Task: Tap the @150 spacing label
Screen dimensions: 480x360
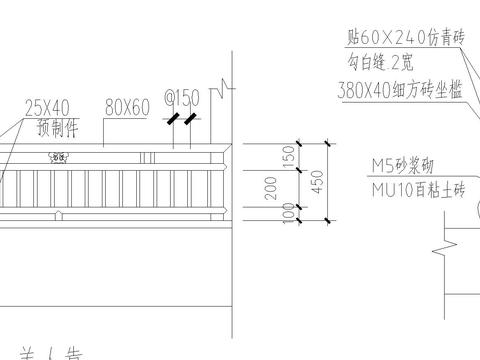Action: coord(183,99)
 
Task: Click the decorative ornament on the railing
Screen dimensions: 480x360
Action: coord(58,156)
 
